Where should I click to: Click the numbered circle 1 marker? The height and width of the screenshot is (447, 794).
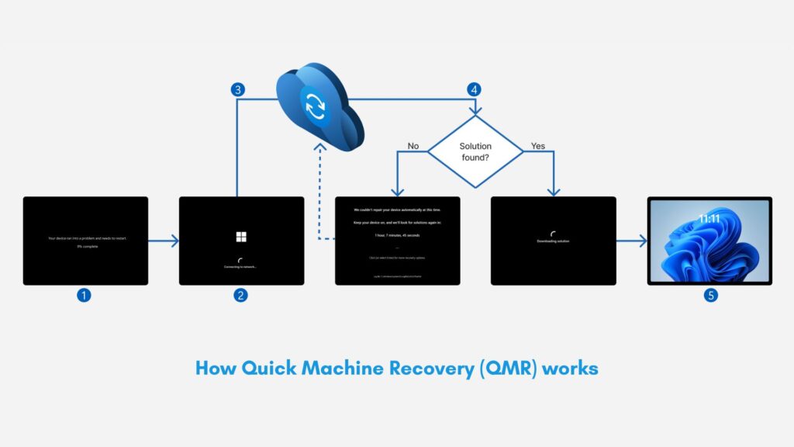pyautogui.click(x=85, y=295)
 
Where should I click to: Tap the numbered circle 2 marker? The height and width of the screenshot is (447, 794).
pyautogui.click(x=241, y=295)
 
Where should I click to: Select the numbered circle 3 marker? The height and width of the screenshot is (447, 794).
pyautogui.click(x=239, y=89)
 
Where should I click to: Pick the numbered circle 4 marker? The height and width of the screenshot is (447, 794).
pyautogui.click(x=473, y=89)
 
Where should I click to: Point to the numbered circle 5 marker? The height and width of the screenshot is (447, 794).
pyautogui.click(x=709, y=295)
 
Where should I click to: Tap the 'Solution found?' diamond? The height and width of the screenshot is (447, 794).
pyautogui.click(x=475, y=151)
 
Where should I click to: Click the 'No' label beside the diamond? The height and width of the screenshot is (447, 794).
pyautogui.click(x=413, y=145)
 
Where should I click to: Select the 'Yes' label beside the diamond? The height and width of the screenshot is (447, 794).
pyautogui.click(x=537, y=145)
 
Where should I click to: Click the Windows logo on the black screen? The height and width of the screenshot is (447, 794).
pyautogui.click(x=241, y=236)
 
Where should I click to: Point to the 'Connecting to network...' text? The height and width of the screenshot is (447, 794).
pyautogui.click(x=241, y=267)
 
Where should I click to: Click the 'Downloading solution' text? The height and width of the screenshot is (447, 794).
pyautogui.click(x=553, y=241)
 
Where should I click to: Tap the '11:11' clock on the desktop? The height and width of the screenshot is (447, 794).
pyautogui.click(x=709, y=220)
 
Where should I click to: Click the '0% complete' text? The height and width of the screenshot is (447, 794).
pyautogui.click(x=85, y=245)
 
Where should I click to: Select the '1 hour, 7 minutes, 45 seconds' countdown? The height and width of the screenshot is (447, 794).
pyautogui.click(x=397, y=234)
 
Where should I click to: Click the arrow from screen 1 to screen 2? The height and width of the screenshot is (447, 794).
pyautogui.click(x=164, y=241)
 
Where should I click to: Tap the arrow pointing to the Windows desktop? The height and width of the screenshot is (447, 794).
pyautogui.click(x=632, y=241)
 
